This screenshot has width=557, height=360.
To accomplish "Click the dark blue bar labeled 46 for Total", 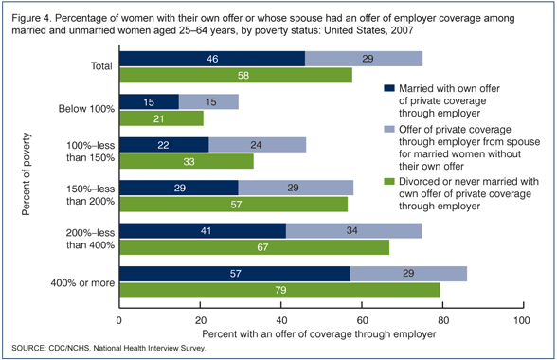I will [211, 59].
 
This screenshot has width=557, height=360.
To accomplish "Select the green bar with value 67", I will [254, 246].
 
